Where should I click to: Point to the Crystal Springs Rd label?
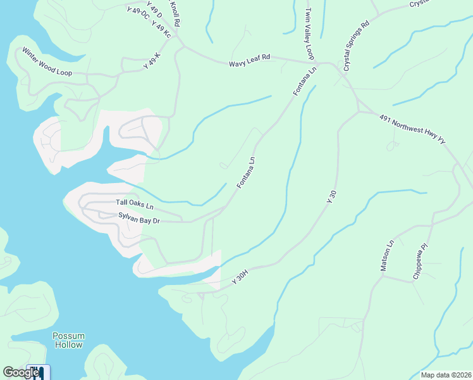(356, 47)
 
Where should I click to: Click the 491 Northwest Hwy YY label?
(412, 130)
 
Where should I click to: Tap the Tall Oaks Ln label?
(135, 204)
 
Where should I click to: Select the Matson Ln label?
(386, 256)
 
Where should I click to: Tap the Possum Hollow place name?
(68, 340)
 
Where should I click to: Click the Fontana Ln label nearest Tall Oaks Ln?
(246, 172)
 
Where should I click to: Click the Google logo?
(21, 372)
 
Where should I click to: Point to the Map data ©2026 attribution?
(446, 375)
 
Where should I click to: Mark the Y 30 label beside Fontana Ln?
(329, 196)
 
